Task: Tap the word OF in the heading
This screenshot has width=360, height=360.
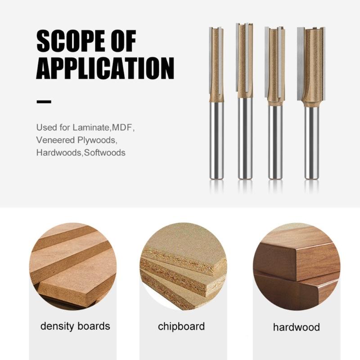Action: coord(122,41)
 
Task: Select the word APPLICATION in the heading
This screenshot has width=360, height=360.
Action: coord(105,68)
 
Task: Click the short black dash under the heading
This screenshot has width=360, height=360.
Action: coord(44,102)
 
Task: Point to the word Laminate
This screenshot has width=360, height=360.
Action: coord(91,127)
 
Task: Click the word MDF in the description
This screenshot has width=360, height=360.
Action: coord(122,127)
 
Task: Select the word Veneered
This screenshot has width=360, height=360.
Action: coord(55,140)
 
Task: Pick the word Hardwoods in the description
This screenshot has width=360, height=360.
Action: coord(59,153)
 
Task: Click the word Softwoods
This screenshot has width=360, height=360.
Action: coord(105,153)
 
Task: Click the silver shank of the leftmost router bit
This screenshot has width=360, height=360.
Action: coord(216,140)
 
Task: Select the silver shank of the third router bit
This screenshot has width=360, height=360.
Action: coord(275,142)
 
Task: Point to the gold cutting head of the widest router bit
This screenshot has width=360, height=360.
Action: coord(311,67)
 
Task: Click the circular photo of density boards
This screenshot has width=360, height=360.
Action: coord(73,266)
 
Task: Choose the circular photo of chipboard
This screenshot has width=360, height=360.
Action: coord(183,266)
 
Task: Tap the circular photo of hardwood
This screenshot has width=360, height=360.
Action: coord(297,266)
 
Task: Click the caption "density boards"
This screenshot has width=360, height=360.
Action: coord(75,326)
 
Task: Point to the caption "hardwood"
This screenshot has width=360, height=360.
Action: coord(297,327)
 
